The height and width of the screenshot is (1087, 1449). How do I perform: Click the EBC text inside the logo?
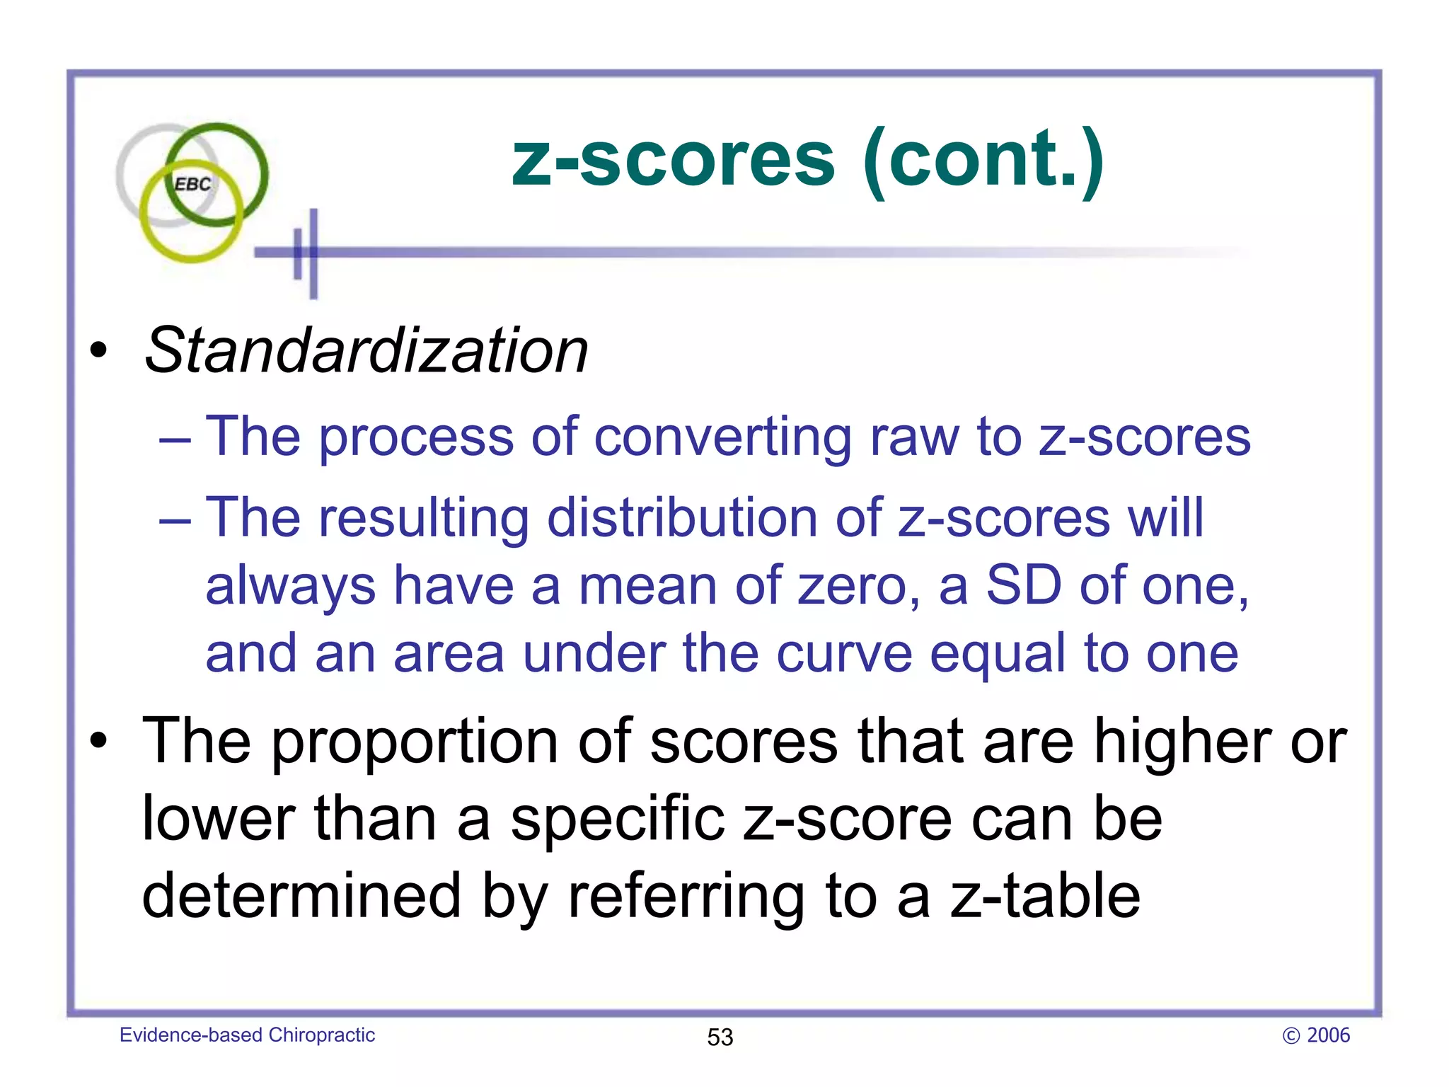coord(192,184)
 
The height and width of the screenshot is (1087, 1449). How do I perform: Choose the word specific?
coord(618,819)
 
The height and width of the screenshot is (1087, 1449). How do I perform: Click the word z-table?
coord(1045,896)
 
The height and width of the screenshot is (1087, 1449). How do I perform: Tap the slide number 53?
coord(720,1037)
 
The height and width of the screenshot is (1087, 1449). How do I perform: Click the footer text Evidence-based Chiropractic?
coord(247,1035)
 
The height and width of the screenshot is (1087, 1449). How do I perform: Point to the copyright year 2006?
coord(1327,1035)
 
